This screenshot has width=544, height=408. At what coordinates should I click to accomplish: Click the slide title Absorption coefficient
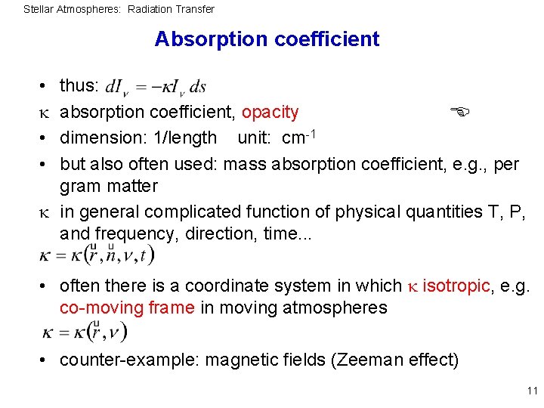click(267, 39)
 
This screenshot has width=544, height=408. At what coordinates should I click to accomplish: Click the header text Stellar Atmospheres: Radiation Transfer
click(119, 9)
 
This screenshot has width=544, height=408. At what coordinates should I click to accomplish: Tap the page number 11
click(532, 391)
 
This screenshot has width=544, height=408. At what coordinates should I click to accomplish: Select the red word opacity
click(270, 113)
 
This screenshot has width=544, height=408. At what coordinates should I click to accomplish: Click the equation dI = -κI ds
click(156, 88)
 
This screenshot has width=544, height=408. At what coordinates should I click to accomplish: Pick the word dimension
click(97, 138)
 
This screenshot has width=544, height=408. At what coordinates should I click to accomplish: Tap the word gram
click(79, 186)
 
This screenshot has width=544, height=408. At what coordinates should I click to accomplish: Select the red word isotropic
click(457, 286)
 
